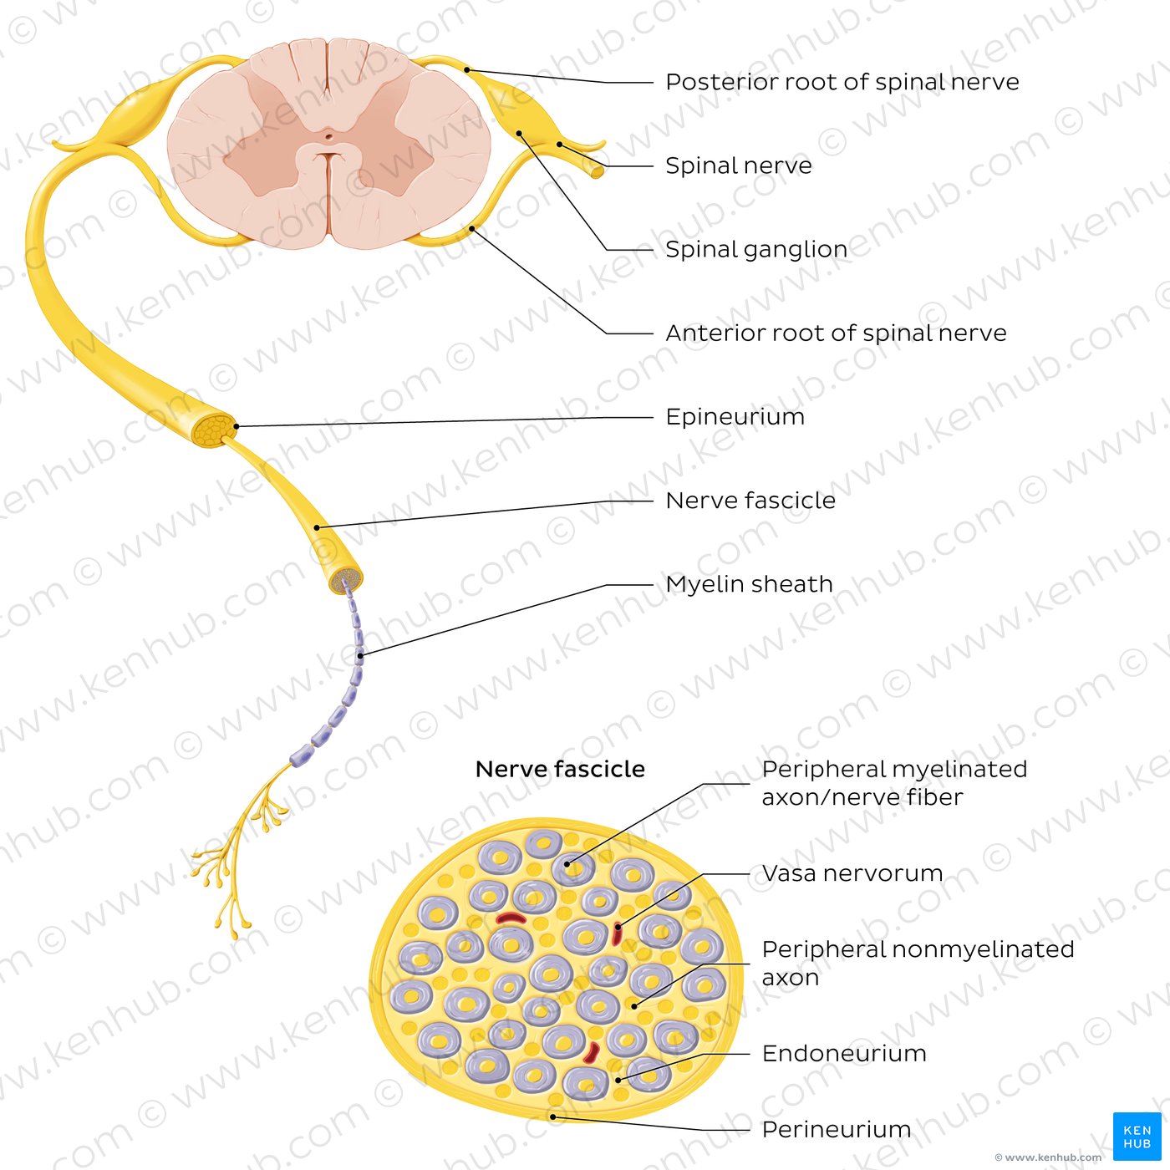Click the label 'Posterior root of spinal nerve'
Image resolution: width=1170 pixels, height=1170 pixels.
point(842,82)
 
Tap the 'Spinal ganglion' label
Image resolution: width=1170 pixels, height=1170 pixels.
point(756,250)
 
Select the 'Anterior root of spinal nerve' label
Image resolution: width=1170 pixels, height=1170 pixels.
point(836,333)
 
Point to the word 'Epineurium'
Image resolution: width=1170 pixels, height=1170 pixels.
point(735,417)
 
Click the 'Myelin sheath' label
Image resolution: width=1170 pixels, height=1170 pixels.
point(750,584)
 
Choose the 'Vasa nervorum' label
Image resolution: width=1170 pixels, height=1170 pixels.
point(852,873)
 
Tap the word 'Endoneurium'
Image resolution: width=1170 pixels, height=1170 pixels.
point(844,1054)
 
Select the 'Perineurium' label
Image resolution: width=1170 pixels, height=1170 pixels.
point(836,1130)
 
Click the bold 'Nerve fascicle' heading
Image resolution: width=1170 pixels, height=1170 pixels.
point(560,769)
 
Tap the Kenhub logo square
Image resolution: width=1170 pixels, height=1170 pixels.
point(1137,1136)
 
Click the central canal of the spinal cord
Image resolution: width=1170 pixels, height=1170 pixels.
point(328,136)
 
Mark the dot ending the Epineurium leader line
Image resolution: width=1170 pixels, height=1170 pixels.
point(237,426)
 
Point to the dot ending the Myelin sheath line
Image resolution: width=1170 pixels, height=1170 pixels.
point(361,656)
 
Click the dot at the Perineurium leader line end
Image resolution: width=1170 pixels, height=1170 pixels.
point(552,1117)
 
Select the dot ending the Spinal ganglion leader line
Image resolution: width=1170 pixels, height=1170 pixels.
point(519,133)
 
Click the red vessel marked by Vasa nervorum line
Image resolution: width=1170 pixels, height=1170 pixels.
point(618,933)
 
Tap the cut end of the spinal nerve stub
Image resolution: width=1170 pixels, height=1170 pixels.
point(598,172)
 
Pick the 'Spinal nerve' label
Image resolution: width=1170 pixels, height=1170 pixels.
point(738,165)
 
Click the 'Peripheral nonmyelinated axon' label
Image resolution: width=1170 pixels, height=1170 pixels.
point(918,963)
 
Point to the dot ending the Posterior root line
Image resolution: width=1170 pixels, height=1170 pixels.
point(467,70)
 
